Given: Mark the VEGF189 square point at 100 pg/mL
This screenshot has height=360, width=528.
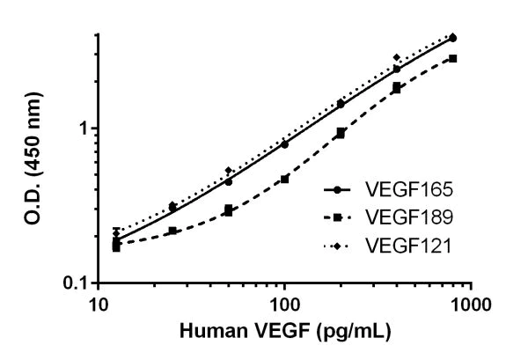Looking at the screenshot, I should pyautogui.click(x=284, y=179).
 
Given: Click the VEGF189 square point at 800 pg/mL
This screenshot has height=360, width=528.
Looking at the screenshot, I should pyautogui.click(x=452, y=58).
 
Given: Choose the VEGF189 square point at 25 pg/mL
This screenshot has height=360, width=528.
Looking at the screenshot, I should pyautogui.click(x=172, y=231).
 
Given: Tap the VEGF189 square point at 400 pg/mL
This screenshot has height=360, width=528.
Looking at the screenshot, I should pyautogui.click(x=397, y=88).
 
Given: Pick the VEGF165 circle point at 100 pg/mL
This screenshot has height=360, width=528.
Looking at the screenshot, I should pyautogui.click(x=284, y=143).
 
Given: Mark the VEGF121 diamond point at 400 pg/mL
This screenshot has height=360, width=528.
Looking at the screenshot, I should pyautogui.click(x=397, y=58).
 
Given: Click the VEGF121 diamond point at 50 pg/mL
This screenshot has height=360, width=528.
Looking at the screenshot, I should pyautogui.click(x=229, y=171).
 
